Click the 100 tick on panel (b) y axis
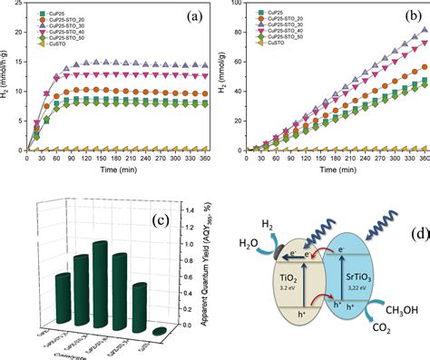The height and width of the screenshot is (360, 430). [x=234, y=5]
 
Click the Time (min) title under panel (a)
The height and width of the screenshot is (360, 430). [x=114, y=170]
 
